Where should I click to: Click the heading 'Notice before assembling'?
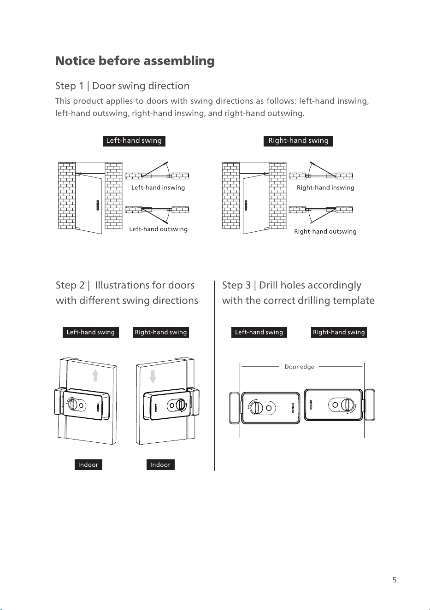pos(135,61)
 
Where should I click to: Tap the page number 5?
pos(395,580)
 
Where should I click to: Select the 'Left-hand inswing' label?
pos(158,188)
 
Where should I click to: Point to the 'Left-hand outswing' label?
pos(159,229)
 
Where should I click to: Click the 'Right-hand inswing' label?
pos(325,188)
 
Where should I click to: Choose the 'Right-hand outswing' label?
pos(325,231)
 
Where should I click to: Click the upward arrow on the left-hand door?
pos(95,375)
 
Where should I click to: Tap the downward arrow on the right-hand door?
pos(153,376)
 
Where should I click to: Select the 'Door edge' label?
pos(299,367)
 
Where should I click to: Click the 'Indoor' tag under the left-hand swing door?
pos(88,464)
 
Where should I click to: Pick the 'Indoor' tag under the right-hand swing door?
pos(160,464)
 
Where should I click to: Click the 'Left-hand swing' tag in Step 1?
pos(134,141)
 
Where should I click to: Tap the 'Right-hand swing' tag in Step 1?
pos(298,141)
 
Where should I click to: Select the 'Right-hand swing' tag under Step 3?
pos(339,332)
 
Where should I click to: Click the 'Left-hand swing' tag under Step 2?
pos(91,332)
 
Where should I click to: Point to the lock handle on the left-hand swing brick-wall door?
pos(98,205)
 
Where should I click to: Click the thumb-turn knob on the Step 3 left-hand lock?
pos(256,408)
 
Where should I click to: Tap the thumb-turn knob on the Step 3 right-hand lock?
pos(348,405)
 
